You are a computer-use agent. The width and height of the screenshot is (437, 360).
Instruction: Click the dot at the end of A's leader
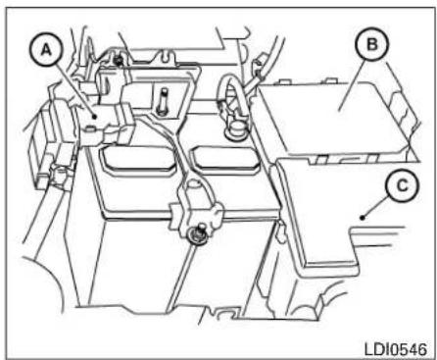[92, 116]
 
